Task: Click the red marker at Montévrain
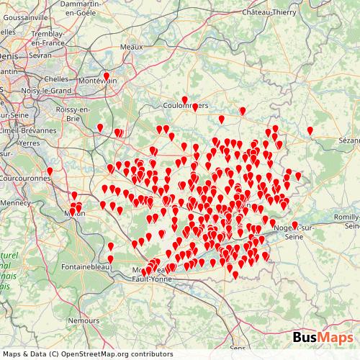coord(107,76)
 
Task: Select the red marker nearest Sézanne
coord(310,131)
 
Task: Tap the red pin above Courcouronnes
coord(50,171)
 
